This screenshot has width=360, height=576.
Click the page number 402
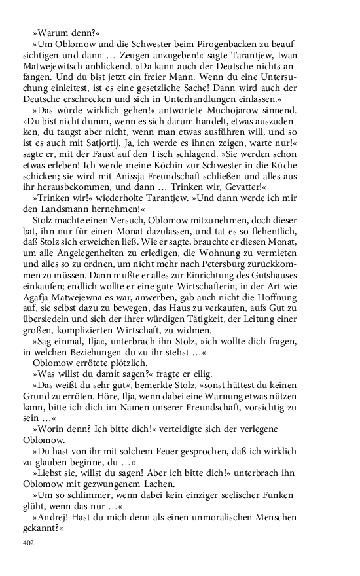27,543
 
